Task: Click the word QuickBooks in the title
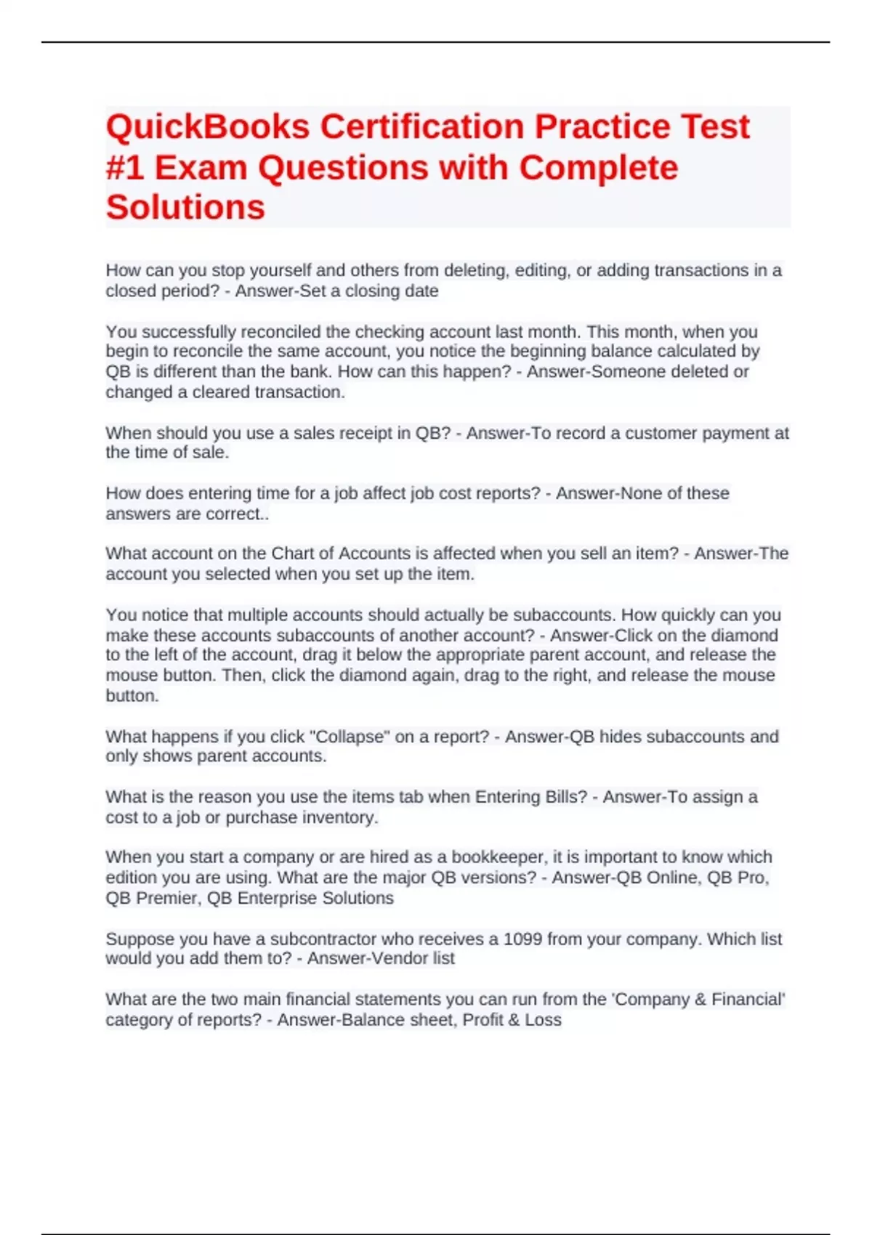click(208, 127)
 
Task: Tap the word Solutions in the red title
click(185, 208)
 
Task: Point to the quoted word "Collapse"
click(350, 736)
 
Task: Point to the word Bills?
click(562, 797)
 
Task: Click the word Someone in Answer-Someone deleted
click(631, 372)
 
